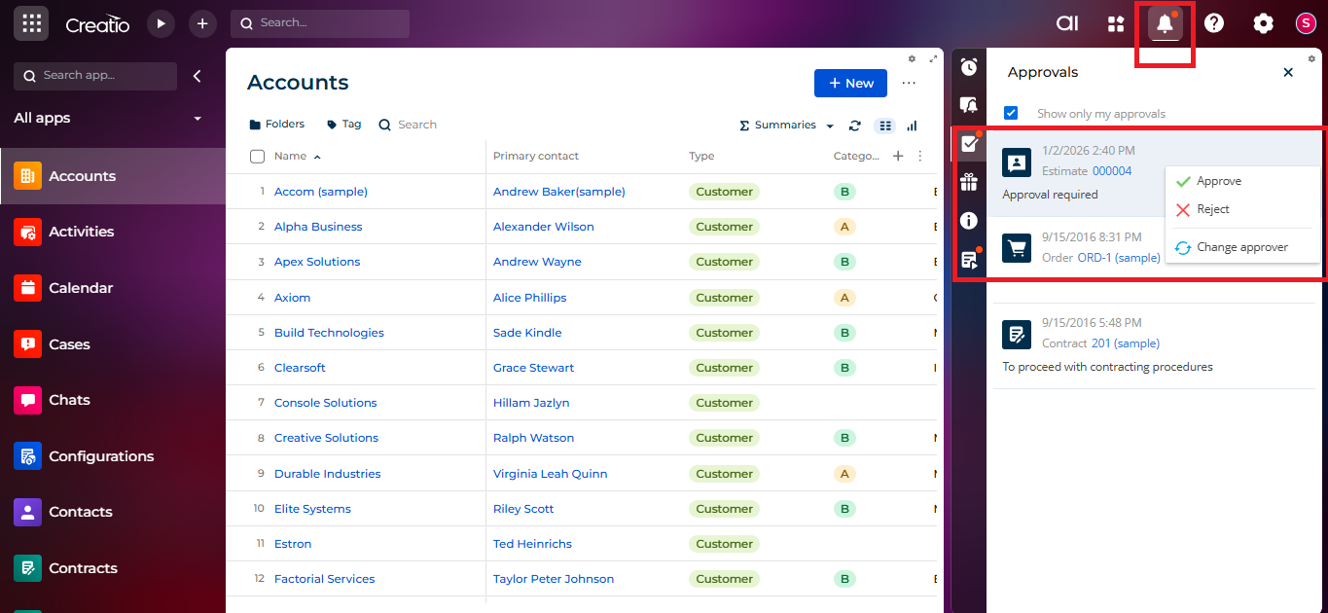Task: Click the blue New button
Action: coord(850,84)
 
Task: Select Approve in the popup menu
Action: coord(1218,181)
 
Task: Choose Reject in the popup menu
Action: coord(1212,209)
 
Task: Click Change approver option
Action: coord(1241,247)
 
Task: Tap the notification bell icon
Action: coord(1165,24)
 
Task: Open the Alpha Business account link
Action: coord(318,227)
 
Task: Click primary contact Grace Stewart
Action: coord(533,368)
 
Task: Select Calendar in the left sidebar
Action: coord(81,288)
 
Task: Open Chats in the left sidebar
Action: coord(69,400)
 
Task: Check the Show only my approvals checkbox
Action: coord(1011,113)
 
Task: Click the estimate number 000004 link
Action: coord(1112,171)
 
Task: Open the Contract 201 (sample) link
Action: coord(1125,343)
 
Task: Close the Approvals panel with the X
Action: coord(1288,72)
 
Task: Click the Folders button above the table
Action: coord(277,125)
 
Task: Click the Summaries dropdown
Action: coord(787,126)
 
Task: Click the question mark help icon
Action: coord(1214,24)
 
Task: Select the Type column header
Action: coord(701,156)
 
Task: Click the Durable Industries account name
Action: coord(327,474)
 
